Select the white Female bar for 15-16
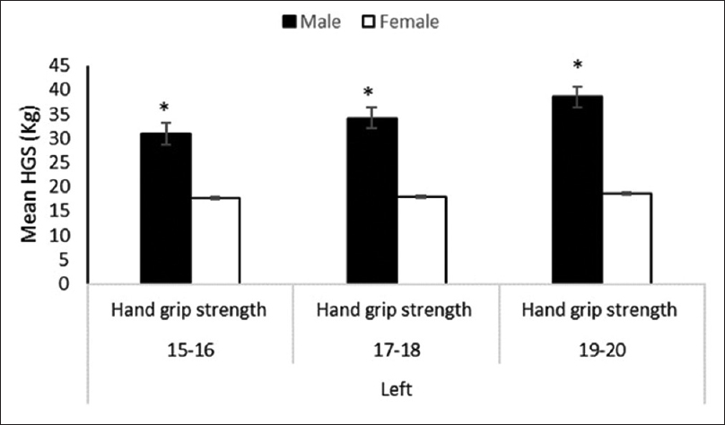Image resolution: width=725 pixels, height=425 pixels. point(214,240)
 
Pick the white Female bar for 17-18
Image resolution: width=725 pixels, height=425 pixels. point(421,239)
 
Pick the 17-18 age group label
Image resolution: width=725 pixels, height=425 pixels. point(395,351)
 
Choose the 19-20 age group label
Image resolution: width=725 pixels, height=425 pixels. point(599,351)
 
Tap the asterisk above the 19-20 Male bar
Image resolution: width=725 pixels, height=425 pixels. point(578,65)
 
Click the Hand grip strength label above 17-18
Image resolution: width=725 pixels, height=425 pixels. point(395,311)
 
